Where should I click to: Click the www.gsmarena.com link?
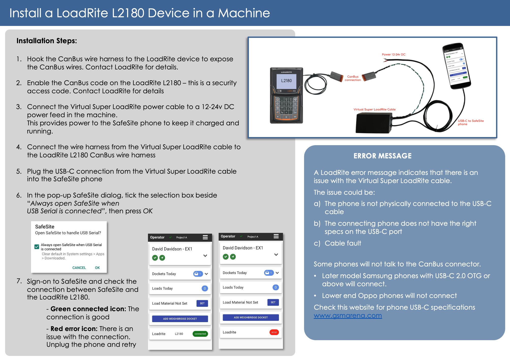coord(348,316)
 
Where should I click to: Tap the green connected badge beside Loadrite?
coord(200,334)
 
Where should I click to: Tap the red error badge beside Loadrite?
coord(274,332)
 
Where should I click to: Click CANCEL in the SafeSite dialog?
coord(79,268)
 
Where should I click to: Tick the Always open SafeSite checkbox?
coord(37,247)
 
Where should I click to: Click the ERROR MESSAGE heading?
coord(382,156)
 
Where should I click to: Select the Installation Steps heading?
coord(47,41)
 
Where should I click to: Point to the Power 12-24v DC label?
coord(394,54)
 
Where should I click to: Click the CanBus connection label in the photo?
coord(353,78)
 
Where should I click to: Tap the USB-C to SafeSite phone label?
coord(471,122)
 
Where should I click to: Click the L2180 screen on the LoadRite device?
coord(287,81)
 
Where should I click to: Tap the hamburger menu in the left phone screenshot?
coord(205,237)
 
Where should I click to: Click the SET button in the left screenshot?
coord(202,303)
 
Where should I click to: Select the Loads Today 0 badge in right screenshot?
coord(276,287)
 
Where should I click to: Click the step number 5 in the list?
coord(19,171)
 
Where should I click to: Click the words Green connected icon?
coord(88,309)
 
